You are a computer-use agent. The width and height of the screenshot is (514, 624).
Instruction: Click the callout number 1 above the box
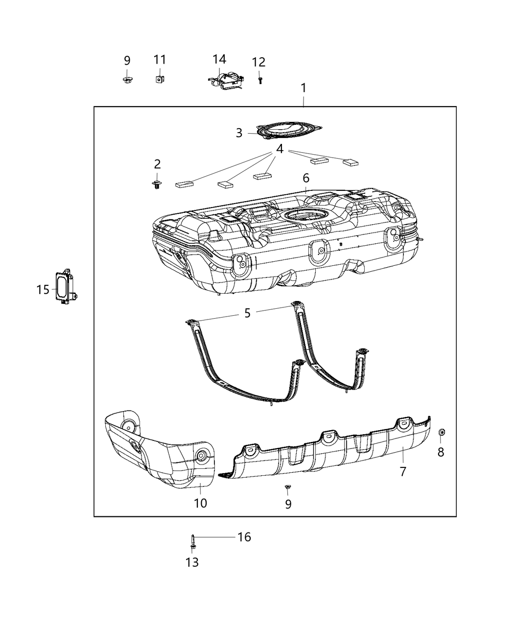click(x=304, y=88)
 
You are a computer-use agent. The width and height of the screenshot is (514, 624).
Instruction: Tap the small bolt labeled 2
click(x=157, y=185)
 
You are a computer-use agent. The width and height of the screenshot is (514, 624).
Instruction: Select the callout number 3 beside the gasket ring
click(x=239, y=133)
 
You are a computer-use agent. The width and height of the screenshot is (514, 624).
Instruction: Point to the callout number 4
click(x=280, y=149)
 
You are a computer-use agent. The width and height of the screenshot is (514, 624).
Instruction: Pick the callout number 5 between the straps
click(x=247, y=313)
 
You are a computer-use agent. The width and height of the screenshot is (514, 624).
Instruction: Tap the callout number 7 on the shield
click(x=403, y=472)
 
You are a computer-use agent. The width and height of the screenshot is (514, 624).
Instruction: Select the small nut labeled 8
click(x=441, y=432)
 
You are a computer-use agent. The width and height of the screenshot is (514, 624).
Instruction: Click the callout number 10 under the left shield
click(x=201, y=503)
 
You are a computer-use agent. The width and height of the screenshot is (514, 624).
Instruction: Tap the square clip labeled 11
click(x=159, y=78)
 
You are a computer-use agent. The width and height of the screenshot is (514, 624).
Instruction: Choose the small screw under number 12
click(x=260, y=79)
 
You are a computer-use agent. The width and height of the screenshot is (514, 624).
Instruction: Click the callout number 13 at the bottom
click(x=192, y=562)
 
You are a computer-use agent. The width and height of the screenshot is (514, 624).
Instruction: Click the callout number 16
click(x=244, y=537)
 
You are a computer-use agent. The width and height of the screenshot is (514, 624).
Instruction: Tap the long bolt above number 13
click(x=193, y=541)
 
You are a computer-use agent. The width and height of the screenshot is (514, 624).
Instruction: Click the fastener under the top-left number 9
click(x=127, y=79)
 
